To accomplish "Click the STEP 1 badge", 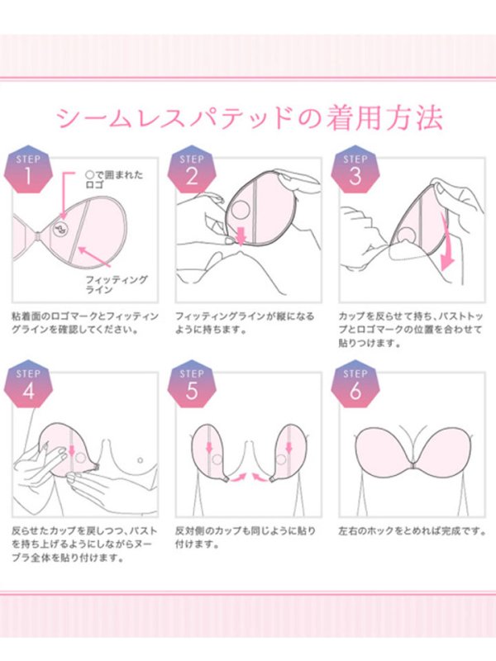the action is [x=28, y=169].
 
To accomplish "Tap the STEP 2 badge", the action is [x=192, y=169].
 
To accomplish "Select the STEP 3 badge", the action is [x=355, y=169].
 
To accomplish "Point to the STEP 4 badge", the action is [x=28, y=384].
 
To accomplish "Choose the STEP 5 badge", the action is [x=192, y=384].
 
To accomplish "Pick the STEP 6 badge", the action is [x=355, y=384].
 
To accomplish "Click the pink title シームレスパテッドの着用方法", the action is [x=249, y=118].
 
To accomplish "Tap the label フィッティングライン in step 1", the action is [x=117, y=284].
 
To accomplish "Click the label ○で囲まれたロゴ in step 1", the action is [x=114, y=179].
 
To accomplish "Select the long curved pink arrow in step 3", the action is [x=446, y=242].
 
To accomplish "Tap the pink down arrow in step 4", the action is [x=72, y=451].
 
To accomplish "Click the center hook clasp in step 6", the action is [x=413, y=465].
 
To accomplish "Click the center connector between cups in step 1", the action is [x=38, y=238].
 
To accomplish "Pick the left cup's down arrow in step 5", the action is [x=209, y=447].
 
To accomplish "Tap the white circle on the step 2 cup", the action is [x=241, y=210].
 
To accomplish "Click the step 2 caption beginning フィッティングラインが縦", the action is [x=245, y=322].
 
